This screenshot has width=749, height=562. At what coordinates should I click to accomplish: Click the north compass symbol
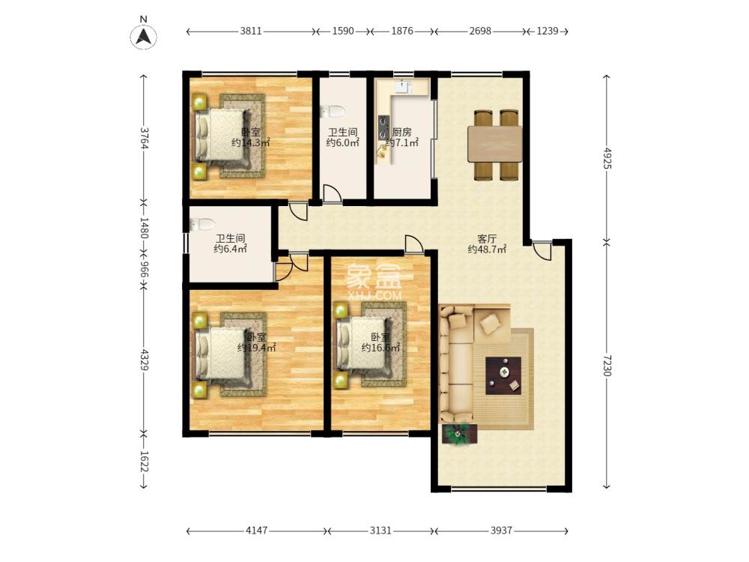pos(143,36)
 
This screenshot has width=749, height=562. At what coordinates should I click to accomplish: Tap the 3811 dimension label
pos(251,31)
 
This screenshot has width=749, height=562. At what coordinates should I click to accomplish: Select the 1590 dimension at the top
pos(343,31)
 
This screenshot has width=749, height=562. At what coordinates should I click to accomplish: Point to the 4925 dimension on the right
pos(607,158)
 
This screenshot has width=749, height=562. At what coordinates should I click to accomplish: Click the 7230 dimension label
pos(607,365)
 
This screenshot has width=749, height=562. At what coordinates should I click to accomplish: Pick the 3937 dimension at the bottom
pos(501,531)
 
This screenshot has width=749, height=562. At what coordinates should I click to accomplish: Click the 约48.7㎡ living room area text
pos(487,249)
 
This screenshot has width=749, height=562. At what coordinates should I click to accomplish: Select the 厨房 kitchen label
pos(401,131)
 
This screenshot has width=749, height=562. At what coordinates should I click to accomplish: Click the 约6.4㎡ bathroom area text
pos(230,249)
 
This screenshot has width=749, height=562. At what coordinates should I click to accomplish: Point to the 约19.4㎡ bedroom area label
pos(256,348)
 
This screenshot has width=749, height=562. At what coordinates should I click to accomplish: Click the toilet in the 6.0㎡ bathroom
pos(333,112)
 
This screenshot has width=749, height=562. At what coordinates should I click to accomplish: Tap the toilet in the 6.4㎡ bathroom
pos(202,225)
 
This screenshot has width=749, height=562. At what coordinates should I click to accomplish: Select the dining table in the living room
pos(495,145)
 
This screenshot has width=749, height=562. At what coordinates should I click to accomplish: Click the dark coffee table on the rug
pos(503,375)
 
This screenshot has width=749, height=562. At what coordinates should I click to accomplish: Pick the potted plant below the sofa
pos(460,434)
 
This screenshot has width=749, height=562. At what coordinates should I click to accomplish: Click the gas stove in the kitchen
pos(383,127)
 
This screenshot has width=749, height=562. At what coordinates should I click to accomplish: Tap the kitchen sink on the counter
pos(404,86)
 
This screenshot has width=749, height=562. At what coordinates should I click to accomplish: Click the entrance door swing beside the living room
pos(542,250)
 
